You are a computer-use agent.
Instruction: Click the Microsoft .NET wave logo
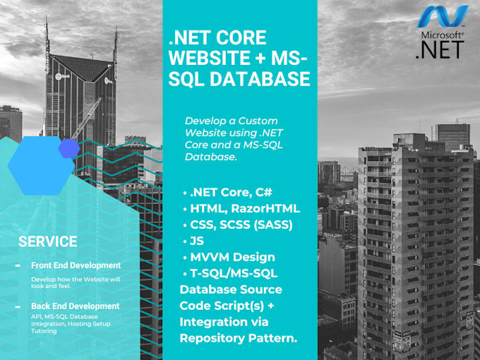[x=443, y=17]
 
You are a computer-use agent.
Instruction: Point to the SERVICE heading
[x=48, y=241]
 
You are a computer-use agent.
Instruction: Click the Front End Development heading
[x=76, y=265]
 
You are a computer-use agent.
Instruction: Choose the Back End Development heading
[x=76, y=306]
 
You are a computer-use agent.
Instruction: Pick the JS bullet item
[x=198, y=241]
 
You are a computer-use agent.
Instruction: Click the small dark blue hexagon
[x=68, y=148]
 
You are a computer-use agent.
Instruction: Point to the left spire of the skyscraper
[x=47, y=35]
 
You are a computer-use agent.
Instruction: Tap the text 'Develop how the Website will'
[x=76, y=280]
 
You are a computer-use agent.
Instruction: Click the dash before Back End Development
[x=17, y=306]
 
